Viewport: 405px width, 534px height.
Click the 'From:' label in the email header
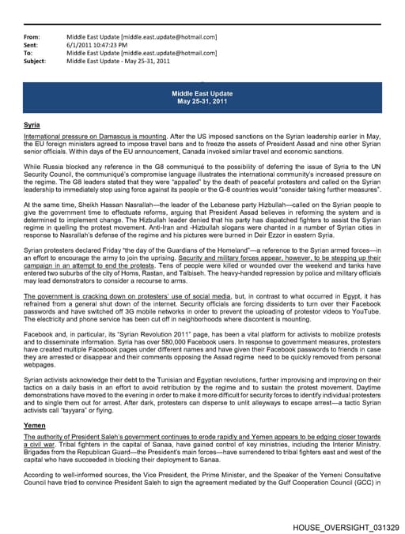(32, 37)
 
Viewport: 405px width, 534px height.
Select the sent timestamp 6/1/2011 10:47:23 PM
(102, 45)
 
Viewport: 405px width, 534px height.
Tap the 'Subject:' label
(35, 60)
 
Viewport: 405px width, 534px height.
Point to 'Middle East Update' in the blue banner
(202, 93)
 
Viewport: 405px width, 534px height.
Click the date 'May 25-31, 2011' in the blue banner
(202, 101)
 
